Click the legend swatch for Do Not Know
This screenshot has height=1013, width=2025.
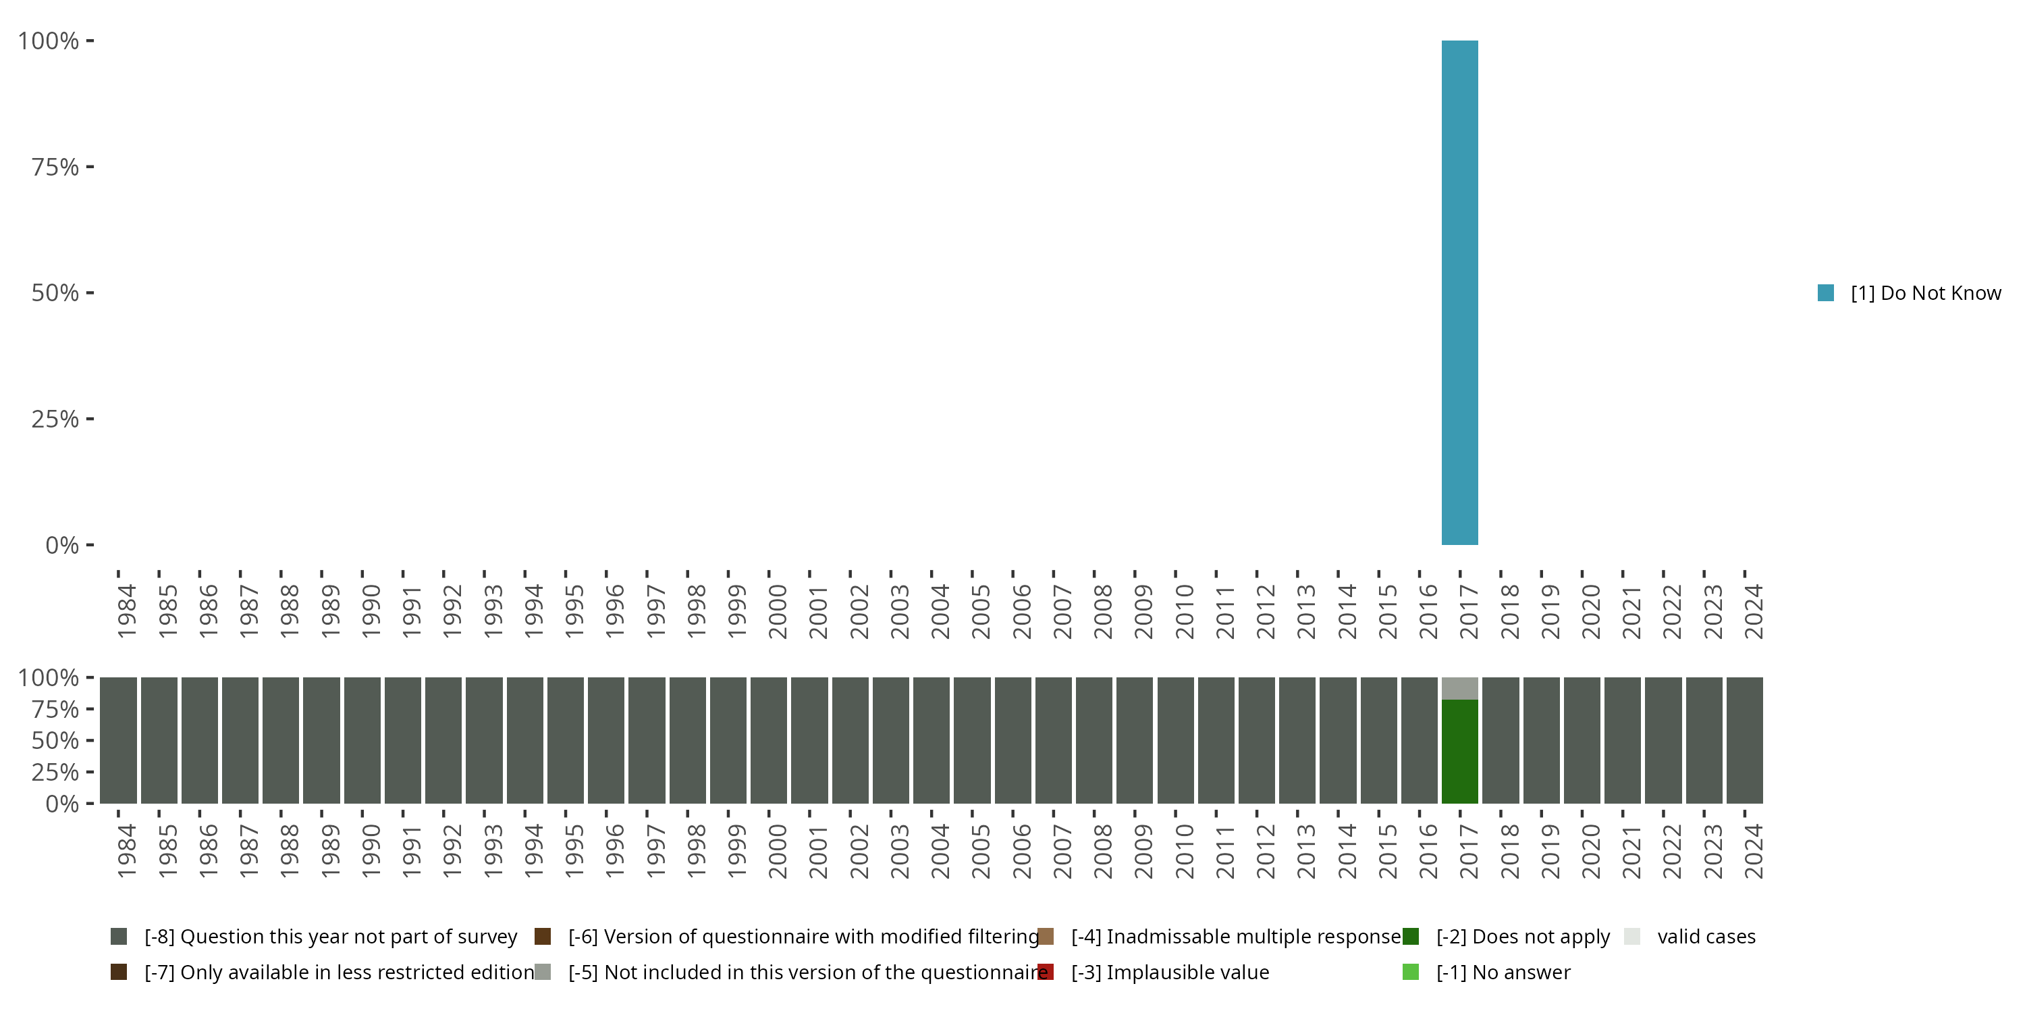(1826, 293)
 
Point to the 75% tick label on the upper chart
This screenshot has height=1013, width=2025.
(55, 167)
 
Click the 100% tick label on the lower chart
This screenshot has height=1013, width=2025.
(49, 677)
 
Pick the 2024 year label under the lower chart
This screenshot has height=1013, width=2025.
(1754, 851)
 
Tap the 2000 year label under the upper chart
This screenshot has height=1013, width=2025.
(778, 611)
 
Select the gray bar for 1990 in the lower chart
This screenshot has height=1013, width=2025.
(362, 740)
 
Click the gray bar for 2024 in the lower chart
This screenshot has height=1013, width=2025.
(1744, 740)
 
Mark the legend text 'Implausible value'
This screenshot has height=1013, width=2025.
(1187, 972)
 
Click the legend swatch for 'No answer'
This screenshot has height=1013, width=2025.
(1410, 972)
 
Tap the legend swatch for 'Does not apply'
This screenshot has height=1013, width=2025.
(1410, 937)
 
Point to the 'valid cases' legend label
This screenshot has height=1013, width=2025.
(1706, 937)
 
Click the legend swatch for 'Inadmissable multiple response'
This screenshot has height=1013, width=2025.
(1046, 937)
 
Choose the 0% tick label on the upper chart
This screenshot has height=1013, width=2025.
(62, 545)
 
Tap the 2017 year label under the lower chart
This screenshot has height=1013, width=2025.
(1468, 851)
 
